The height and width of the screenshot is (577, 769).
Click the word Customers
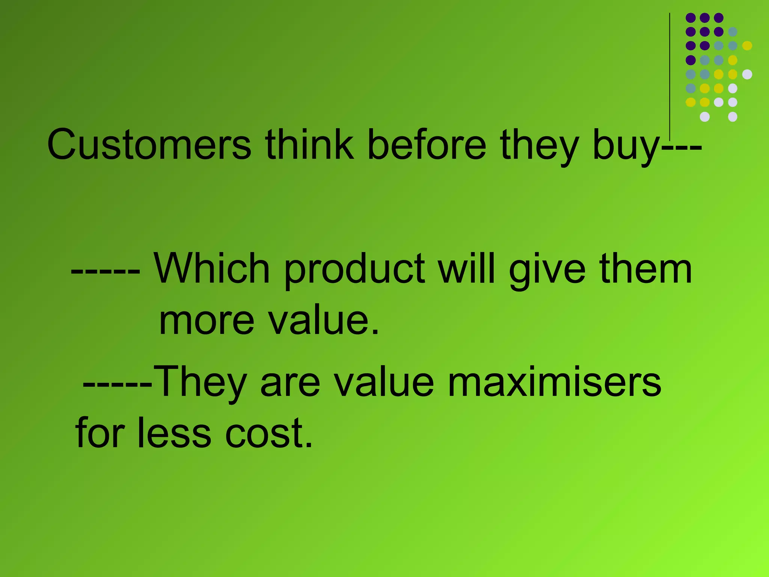click(149, 145)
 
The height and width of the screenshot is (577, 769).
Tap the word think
click(309, 145)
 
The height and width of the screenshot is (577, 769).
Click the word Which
click(212, 268)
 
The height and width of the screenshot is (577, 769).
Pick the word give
click(547, 270)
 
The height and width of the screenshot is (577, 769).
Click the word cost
click(269, 434)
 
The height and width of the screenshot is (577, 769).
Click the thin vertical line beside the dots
click(669, 75)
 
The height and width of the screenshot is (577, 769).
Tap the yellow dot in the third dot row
click(747, 46)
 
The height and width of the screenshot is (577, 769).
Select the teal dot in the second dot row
click(733, 32)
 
